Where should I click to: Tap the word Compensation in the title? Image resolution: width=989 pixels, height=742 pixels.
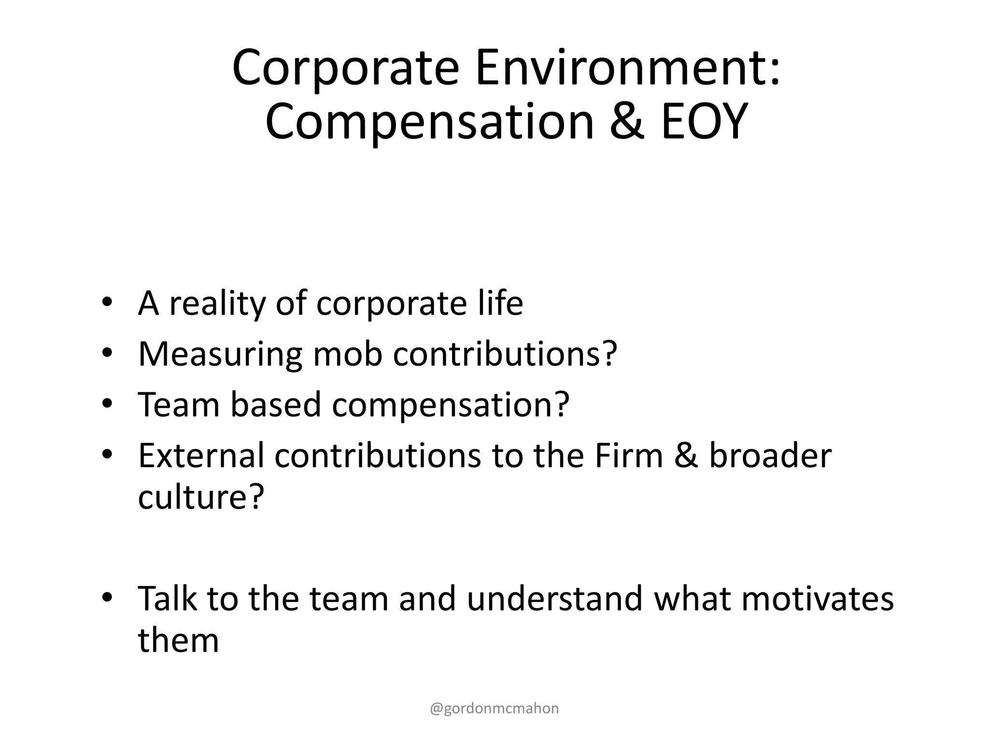coord(429,122)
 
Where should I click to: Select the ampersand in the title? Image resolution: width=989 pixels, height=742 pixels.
coord(627,122)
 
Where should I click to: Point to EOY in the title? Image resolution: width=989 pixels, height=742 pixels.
coord(704,122)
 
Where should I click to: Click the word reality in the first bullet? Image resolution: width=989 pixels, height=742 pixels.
coord(217,304)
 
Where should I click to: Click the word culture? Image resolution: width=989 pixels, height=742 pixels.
coord(195,497)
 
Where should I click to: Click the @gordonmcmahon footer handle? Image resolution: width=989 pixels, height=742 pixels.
coord(494,708)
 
